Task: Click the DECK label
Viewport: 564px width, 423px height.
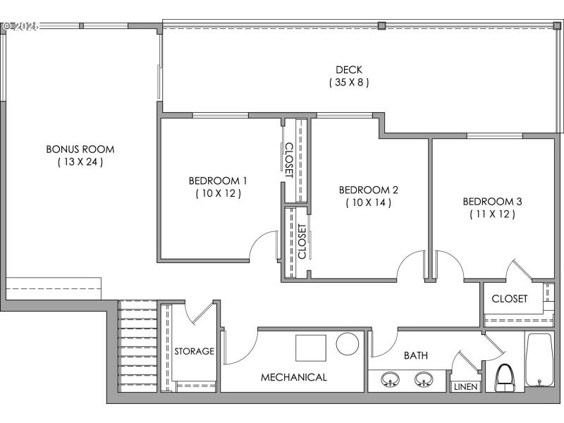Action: pos(348,69)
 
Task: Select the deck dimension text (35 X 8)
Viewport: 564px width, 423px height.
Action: pos(348,82)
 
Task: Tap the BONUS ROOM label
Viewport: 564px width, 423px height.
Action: pos(80,149)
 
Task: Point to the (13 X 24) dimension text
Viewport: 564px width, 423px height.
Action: pos(80,162)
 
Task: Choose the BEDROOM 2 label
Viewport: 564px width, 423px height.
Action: pos(368,190)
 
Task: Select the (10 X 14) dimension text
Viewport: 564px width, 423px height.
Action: pos(368,202)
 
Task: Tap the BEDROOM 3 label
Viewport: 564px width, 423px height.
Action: pos(492,201)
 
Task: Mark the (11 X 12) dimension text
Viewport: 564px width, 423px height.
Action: pos(492,214)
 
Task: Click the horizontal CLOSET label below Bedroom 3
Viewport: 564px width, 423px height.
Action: pos(509,298)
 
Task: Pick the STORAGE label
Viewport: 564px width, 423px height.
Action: pos(194,351)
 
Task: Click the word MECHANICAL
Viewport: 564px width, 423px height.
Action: pos(294,377)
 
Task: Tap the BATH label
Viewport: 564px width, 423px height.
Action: pos(415,355)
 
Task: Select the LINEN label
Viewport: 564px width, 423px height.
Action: pos(465,387)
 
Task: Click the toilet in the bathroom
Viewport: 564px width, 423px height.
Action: pos(505,378)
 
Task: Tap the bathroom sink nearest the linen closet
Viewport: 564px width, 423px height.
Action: pos(422,379)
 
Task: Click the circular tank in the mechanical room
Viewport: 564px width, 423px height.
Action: pos(348,344)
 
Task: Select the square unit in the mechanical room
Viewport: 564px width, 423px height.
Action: pos(310,348)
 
